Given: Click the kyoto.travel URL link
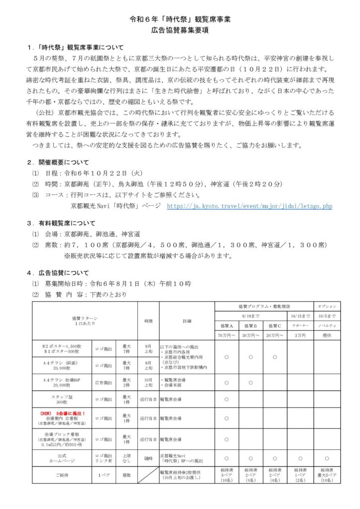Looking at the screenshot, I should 249,206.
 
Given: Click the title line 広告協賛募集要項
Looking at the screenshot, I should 180,30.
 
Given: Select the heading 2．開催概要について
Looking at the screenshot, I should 58,162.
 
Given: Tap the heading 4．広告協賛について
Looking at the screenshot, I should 58,273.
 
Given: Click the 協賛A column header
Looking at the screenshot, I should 227,326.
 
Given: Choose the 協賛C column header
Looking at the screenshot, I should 275,326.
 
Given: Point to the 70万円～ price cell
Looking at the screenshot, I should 227,336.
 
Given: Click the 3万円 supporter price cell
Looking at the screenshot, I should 300,336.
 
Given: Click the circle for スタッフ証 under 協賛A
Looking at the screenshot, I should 227,399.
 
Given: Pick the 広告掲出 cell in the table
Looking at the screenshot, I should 104,383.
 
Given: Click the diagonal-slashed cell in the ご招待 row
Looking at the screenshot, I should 148,475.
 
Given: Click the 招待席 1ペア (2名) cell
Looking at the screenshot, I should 300,475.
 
